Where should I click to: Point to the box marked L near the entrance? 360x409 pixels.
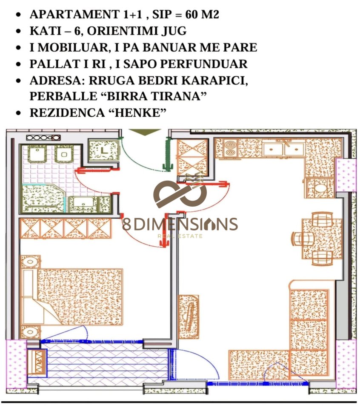(x=103, y=150)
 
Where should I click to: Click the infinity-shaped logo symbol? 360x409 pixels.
(x=180, y=194)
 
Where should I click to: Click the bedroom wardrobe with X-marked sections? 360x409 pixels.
(x=66, y=228)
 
